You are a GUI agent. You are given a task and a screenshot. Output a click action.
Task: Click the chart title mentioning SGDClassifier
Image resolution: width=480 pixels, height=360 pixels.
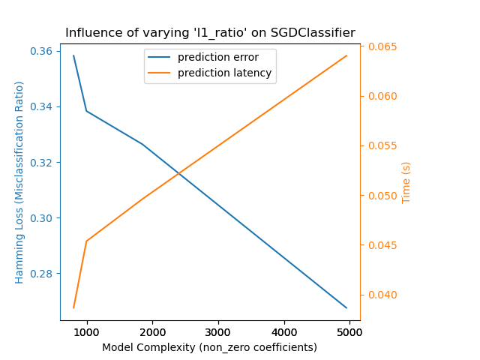210,33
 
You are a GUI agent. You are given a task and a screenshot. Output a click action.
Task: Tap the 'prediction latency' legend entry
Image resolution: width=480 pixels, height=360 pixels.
224,74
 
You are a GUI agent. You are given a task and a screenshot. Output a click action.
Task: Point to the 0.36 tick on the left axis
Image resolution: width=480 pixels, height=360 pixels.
43,52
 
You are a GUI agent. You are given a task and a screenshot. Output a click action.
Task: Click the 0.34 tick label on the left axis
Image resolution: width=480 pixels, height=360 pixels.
43,107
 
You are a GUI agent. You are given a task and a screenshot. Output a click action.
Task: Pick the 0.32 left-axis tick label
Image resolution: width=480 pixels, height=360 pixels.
43,163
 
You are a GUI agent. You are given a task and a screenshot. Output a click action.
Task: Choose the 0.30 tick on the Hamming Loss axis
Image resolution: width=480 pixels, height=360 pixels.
43,218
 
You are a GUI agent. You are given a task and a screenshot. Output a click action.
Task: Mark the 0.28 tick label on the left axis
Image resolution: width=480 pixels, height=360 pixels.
43,274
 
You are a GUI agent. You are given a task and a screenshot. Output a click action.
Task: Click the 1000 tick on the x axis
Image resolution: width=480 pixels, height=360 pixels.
86,331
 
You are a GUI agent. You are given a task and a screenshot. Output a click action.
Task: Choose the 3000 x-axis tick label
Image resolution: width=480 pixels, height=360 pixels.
218,331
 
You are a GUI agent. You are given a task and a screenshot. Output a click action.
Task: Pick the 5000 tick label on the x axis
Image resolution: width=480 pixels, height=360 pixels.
349,331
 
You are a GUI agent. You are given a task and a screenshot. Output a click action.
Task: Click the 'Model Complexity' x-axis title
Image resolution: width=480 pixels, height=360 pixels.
209,347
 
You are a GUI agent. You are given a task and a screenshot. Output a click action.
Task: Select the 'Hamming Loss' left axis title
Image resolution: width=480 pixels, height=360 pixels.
20,182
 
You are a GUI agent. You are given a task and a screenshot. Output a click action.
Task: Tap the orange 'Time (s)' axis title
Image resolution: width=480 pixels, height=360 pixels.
406,182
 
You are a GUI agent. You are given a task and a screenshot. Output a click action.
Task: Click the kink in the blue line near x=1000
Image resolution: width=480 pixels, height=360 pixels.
86,111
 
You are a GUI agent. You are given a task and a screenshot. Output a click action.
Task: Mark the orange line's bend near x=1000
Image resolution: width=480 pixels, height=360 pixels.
86,241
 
